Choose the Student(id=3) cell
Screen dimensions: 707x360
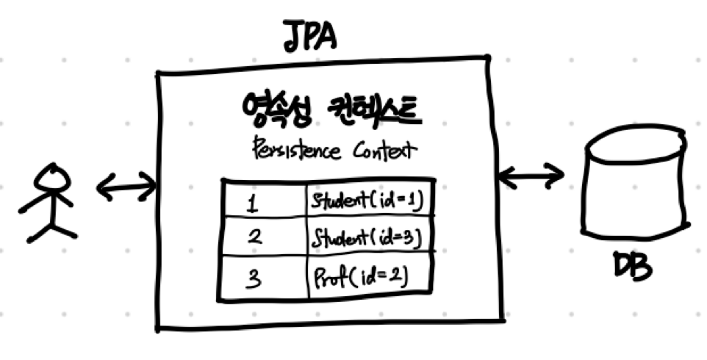[367, 237]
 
